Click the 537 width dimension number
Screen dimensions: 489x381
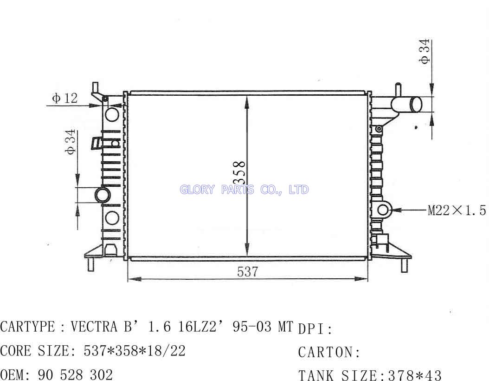(247, 272)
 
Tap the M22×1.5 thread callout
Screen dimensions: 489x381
(457, 210)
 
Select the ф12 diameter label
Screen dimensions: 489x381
(65, 98)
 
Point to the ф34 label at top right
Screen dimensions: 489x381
(425, 52)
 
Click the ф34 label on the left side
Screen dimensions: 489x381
(71, 142)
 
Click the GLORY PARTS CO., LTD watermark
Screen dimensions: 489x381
(244, 190)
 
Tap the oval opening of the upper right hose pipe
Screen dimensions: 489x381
(416, 104)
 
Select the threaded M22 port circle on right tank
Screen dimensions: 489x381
(383, 210)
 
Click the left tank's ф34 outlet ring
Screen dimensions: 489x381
(102, 195)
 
